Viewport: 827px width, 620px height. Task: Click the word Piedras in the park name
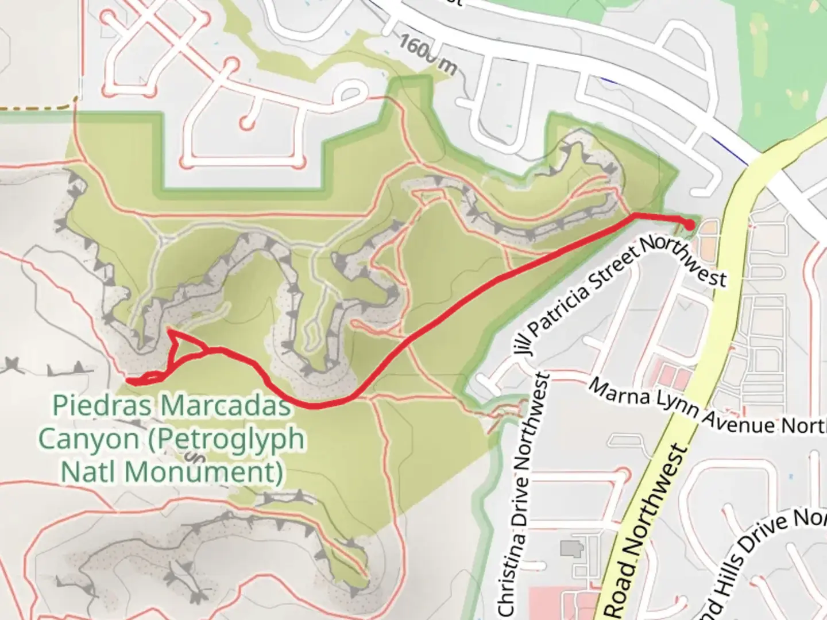[102, 406]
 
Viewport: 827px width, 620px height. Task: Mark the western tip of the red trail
[127, 381]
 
